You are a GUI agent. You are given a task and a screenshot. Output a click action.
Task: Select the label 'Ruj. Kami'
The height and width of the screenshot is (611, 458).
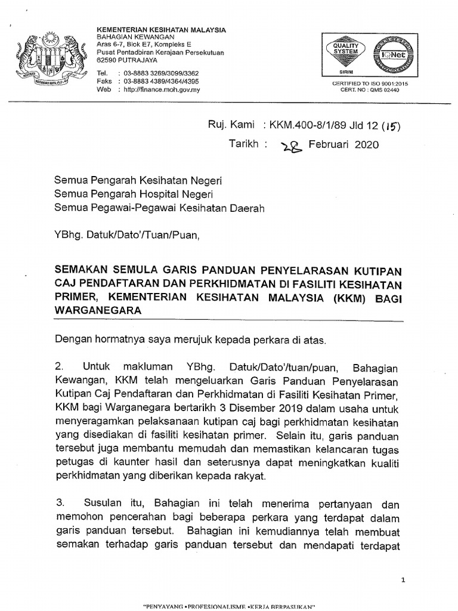tap(231, 126)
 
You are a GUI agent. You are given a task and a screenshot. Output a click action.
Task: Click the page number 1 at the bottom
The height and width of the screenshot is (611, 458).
tap(404, 579)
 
